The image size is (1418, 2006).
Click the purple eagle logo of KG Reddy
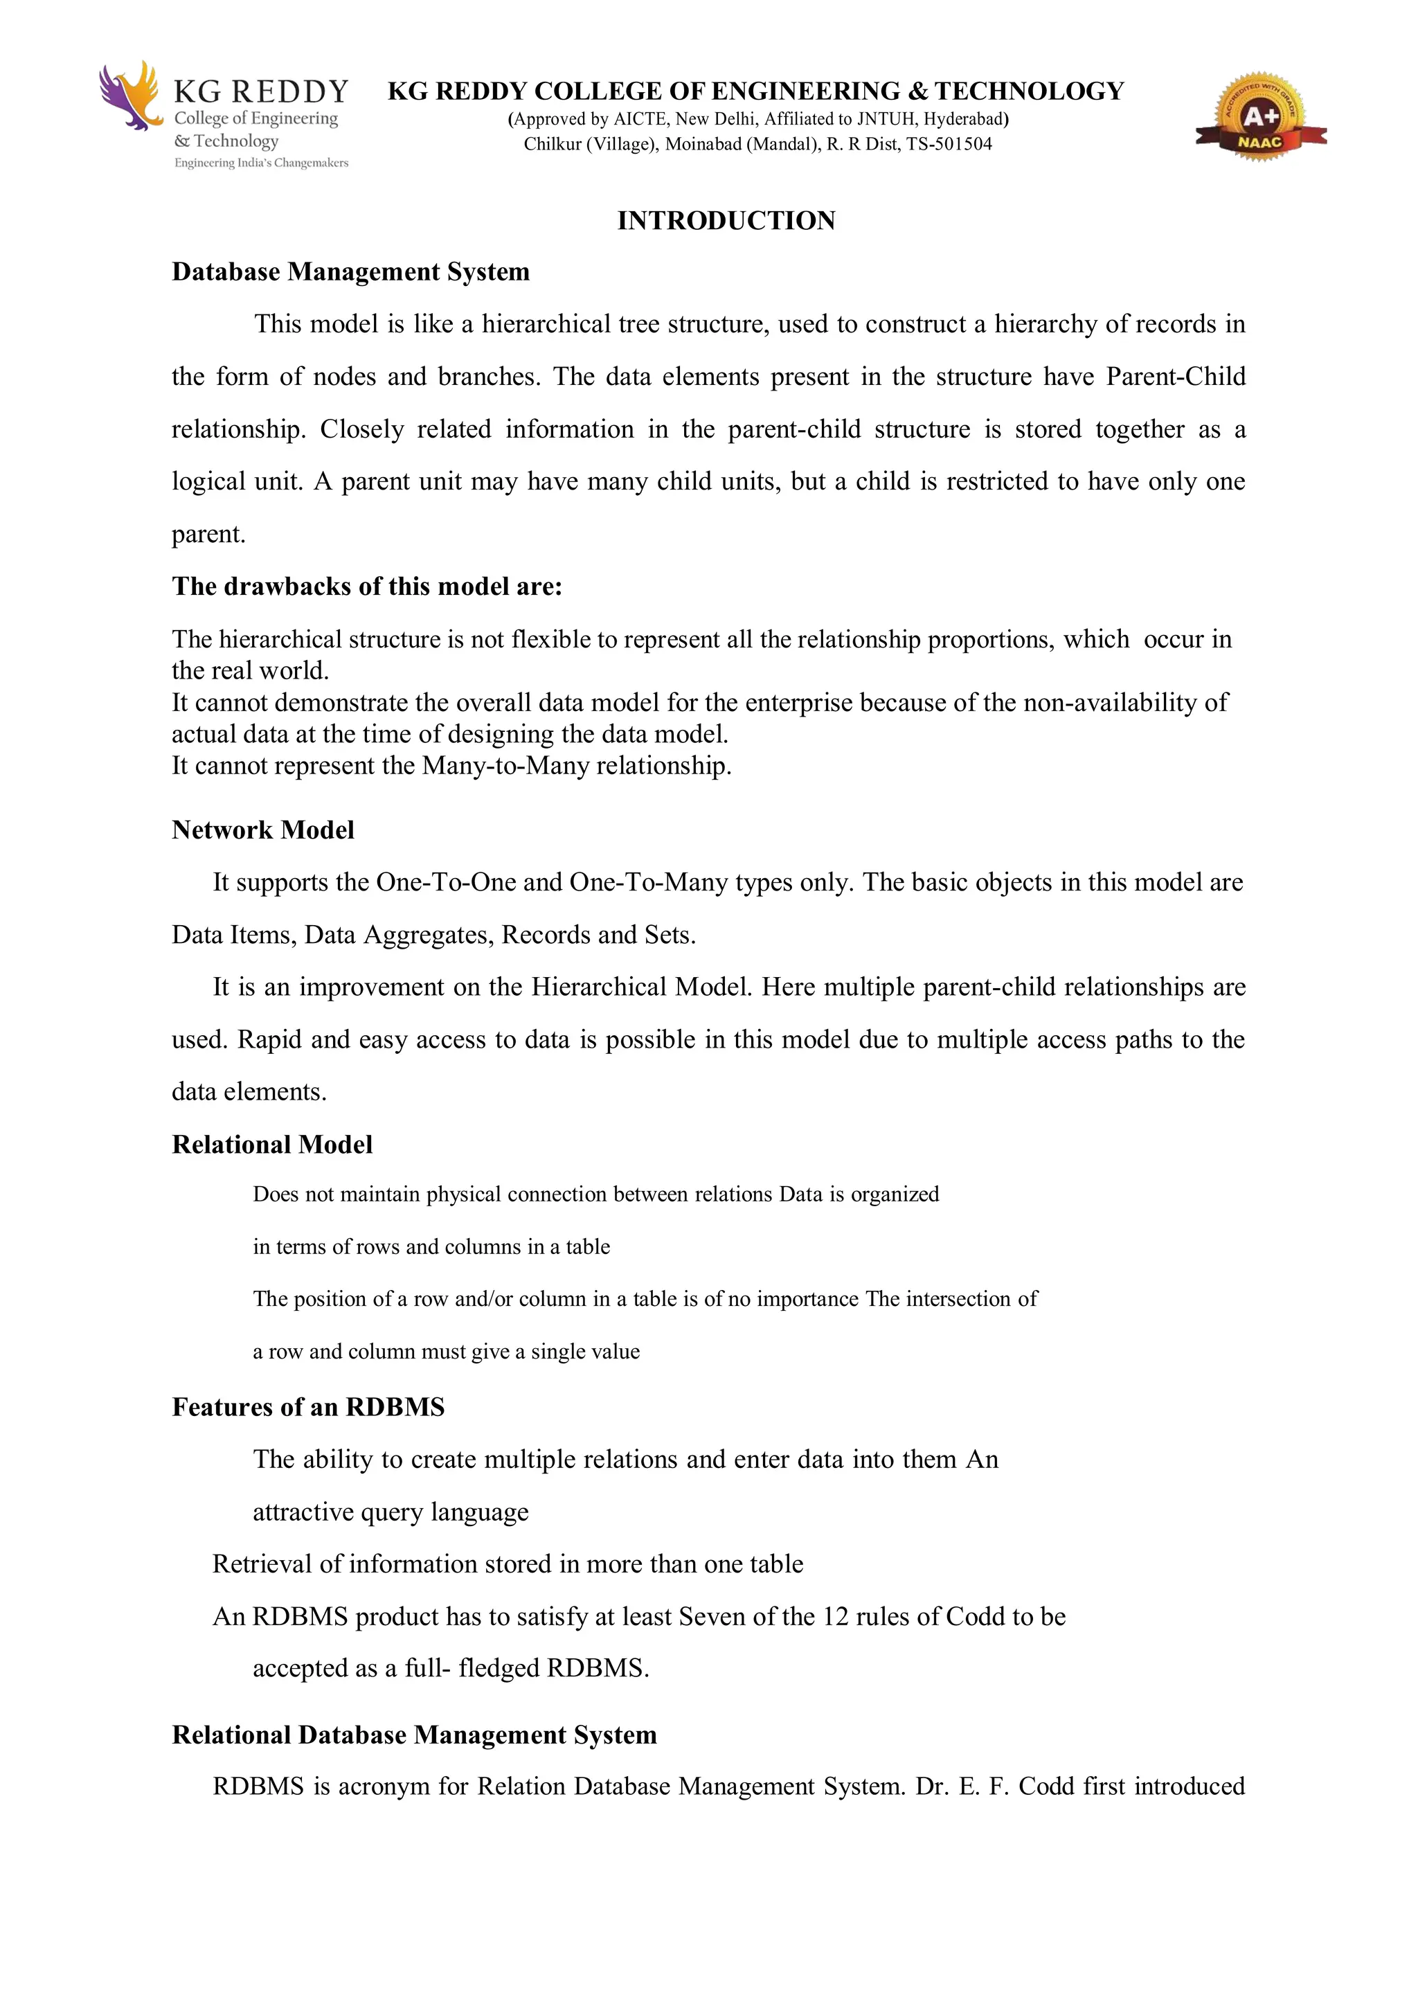pyautogui.click(x=130, y=96)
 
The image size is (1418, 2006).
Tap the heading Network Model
pyautogui.click(x=263, y=830)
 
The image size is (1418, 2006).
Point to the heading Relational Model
pyautogui.click(x=271, y=1145)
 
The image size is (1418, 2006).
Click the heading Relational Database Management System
pyautogui.click(x=414, y=1735)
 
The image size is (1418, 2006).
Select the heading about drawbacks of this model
pyautogui.click(x=367, y=586)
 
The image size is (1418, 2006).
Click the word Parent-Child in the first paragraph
pyautogui.click(x=1175, y=377)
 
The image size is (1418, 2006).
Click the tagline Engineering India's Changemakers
pyautogui.click(x=261, y=163)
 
